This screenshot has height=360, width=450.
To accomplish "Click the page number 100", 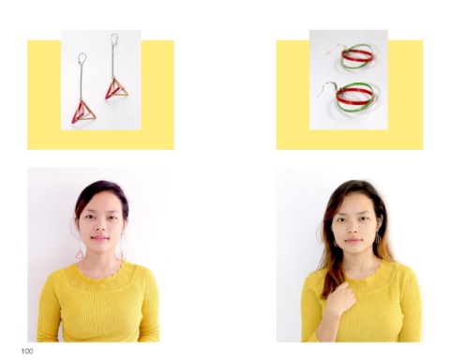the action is tap(27, 352).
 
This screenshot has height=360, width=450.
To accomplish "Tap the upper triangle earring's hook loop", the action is tap(114, 38).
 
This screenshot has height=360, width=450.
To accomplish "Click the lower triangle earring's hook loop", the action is tap(82, 58).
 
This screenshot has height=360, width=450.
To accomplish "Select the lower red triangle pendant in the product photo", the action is tap(83, 112).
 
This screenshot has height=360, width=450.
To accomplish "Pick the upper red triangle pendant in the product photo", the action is tap(116, 89).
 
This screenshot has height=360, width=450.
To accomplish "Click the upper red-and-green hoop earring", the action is tap(357, 56).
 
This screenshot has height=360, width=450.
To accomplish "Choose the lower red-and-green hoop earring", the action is tap(355, 97).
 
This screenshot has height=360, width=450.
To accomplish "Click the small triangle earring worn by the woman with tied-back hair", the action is tap(80, 254).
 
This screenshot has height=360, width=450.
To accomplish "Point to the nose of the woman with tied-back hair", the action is tap(100, 228).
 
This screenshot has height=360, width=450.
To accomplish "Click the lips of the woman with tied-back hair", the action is tap(99, 239).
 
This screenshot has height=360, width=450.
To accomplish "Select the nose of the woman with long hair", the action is tap(352, 229).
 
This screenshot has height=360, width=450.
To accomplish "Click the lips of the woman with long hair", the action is tap(353, 241).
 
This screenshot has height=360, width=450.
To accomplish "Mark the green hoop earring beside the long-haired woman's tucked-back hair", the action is tap(378, 239).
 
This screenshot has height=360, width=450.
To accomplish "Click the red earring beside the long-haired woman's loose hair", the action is tap(336, 243).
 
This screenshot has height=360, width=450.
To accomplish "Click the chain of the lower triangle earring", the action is tap(82, 82).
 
